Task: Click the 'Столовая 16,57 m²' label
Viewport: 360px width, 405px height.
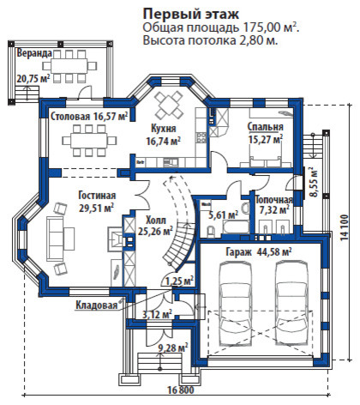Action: click(89, 115)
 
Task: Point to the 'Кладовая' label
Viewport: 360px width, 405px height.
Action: click(95, 305)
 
